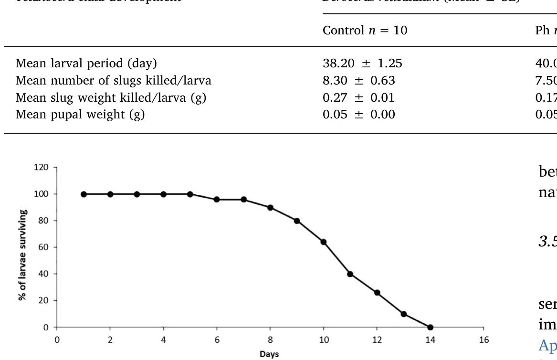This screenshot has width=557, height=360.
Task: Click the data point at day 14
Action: tap(430, 328)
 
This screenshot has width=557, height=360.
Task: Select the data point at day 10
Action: tap(324, 242)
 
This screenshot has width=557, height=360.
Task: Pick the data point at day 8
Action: tap(270, 207)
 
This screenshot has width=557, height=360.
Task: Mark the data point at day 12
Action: tap(377, 293)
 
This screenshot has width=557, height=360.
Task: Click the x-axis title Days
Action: tap(270, 355)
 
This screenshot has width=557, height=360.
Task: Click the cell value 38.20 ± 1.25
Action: tap(359, 63)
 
